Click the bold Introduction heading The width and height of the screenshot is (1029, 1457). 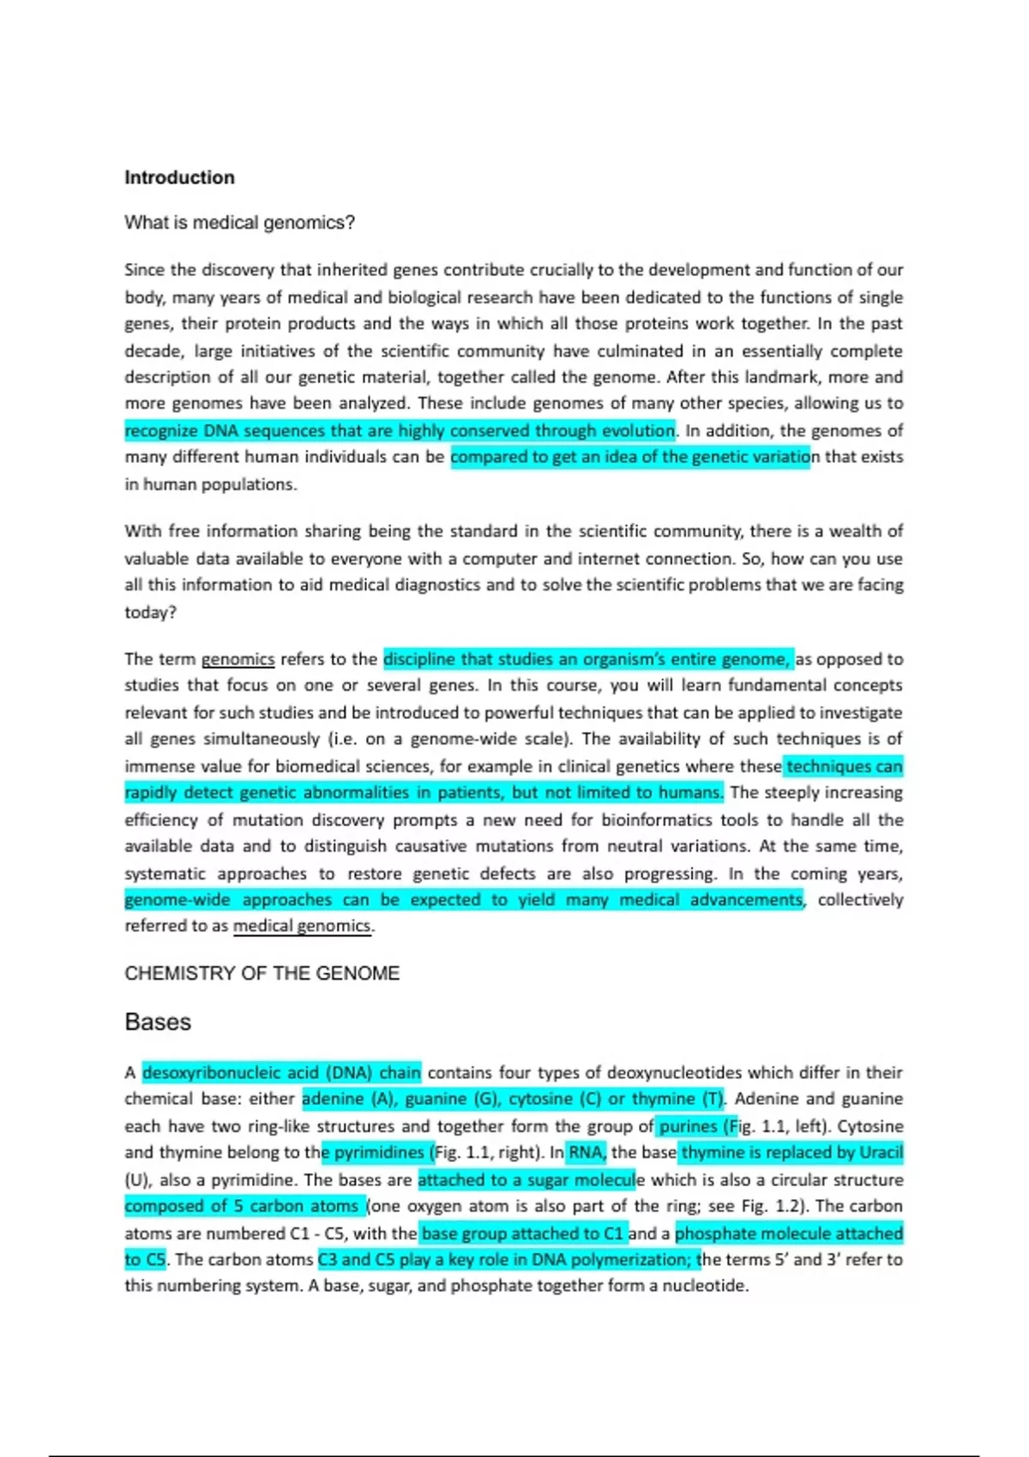[179, 177]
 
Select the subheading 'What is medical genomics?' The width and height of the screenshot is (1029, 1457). [239, 223]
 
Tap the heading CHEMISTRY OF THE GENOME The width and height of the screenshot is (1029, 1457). [262, 974]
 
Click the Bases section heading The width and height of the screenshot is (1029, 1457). [158, 1022]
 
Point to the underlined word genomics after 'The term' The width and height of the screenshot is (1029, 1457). [238, 659]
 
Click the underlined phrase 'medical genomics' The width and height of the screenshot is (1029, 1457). [302, 926]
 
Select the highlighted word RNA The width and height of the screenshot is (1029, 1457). [587, 1153]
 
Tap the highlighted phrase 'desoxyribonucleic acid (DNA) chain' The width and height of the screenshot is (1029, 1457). [281, 1072]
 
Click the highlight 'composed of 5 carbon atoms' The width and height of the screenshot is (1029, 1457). [244, 1206]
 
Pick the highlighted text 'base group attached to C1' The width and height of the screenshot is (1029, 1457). [522, 1233]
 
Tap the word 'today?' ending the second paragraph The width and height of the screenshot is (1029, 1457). [150, 612]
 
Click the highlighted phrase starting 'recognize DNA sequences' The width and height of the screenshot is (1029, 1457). [400, 430]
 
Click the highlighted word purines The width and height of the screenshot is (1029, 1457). [688, 1126]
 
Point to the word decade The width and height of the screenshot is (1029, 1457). [153, 351]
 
